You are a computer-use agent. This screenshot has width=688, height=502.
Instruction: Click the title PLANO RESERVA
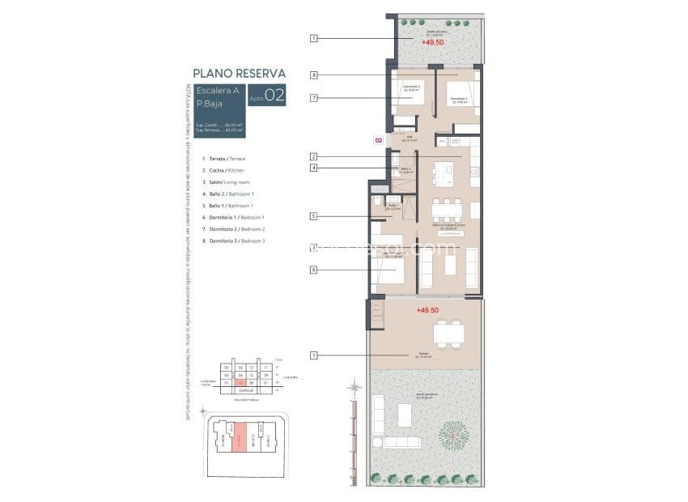tap(239, 72)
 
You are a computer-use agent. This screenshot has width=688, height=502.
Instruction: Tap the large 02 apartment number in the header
tap(274, 96)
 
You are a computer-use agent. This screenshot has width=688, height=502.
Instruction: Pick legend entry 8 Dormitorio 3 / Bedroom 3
tap(236, 241)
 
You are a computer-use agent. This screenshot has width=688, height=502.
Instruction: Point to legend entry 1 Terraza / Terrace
tap(227, 159)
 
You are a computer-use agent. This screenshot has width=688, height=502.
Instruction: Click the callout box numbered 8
tap(313, 75)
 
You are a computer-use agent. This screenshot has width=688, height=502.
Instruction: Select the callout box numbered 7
tap(313, 98)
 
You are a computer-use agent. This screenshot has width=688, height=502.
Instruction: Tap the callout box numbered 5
tap(313, 216)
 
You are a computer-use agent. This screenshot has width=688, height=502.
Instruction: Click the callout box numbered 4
tap(313, 168)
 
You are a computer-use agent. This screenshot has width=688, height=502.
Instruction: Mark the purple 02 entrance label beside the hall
tap(378, 140)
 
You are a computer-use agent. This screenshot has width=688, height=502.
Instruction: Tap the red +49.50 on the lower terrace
tap(427, 310)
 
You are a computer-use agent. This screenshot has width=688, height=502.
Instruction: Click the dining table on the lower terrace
tap(448, 333)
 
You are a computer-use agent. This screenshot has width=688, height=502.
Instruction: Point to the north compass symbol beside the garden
tap(354, 389)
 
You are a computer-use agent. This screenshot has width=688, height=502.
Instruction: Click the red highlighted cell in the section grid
tap(240, 382)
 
